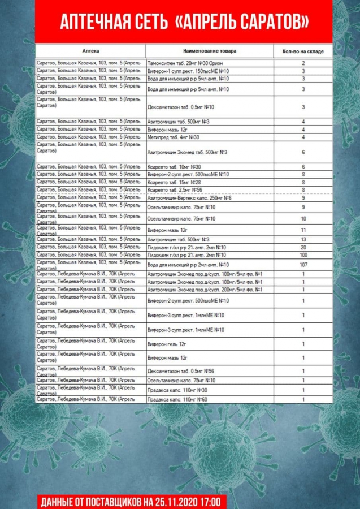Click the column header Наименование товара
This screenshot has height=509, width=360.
point(209,51)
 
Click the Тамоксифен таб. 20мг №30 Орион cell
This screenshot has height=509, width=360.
point(186,63)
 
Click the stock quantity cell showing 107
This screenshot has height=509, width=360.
point(303,265)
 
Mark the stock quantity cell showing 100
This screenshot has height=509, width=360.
point(303,255)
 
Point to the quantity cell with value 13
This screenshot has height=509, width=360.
point(303,240)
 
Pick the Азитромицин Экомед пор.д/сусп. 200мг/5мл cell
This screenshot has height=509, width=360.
point(204,290)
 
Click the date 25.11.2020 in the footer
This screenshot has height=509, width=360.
point(167,501)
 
